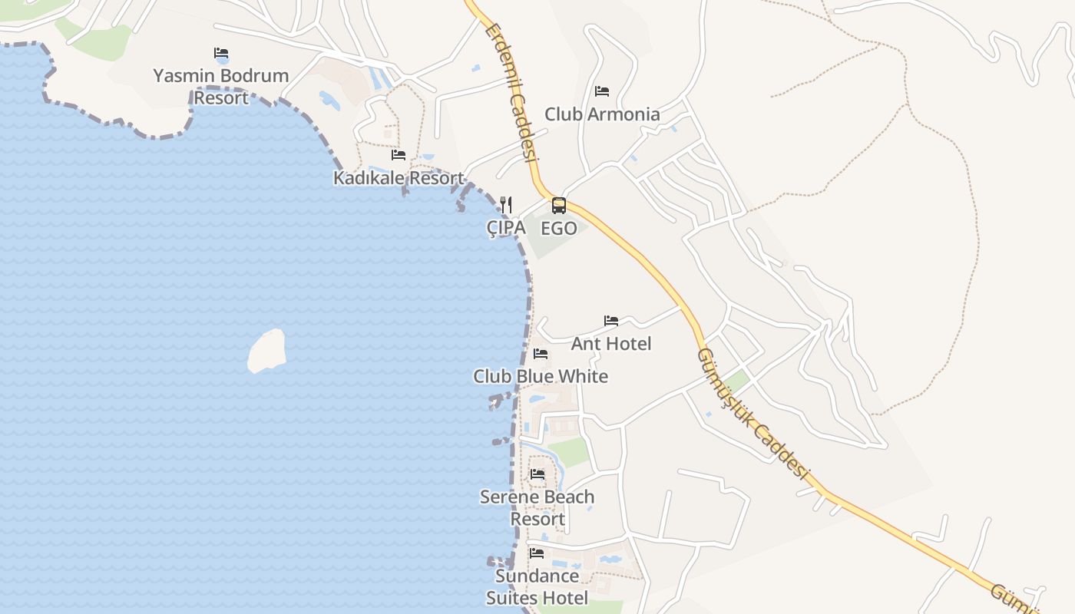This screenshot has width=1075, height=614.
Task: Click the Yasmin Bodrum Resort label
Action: click(221, 87)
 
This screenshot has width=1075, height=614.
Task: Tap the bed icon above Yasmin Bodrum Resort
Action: click(221, 53)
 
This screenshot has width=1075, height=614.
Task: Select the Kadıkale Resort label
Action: click(399, 178)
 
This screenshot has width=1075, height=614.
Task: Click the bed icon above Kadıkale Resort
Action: click(399, 155)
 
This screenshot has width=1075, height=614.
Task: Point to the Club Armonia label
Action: click(602, 114)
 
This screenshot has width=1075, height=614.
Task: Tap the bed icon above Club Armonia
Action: click(602, 91)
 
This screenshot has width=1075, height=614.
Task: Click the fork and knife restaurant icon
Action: click(506, 205)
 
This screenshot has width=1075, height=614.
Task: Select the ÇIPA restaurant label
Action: click(506, 228)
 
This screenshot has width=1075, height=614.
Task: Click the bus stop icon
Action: click(559, 206)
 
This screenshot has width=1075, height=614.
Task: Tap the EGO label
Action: click(559, 229)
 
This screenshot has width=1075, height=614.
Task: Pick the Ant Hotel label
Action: click(611, 344)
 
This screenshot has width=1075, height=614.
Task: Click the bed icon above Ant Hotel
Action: click(611, 321)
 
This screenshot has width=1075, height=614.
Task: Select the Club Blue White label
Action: click(541, 377)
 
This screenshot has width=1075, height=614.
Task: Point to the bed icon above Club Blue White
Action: click(541, 354)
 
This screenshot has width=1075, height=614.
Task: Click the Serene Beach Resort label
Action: click(537, 508)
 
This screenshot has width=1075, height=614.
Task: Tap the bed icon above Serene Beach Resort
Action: click(537, 474)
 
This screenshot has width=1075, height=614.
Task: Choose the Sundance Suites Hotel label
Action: click(537, 587)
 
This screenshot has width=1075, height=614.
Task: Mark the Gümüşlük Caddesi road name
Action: click(752, 414)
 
